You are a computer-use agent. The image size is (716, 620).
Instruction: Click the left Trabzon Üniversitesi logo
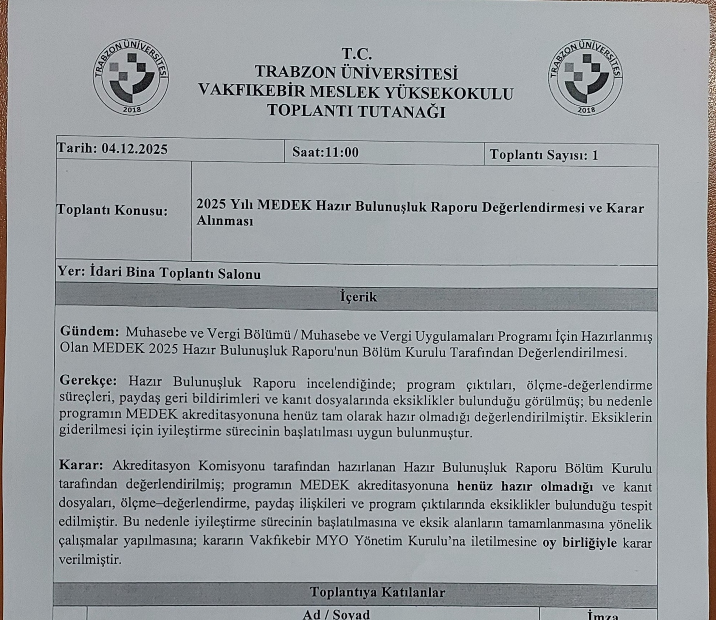click(131, 78)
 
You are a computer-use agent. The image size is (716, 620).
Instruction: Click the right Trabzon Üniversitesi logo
click(586, 78)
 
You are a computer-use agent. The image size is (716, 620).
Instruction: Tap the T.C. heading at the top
click(357, 53)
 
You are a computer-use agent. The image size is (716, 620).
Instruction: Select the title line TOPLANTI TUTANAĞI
click(356, 111)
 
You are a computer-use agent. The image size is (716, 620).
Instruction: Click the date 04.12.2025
click(135, 148)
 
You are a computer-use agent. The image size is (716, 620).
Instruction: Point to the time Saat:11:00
click(326, 152)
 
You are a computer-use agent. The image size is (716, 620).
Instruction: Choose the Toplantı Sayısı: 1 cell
click(544, 155)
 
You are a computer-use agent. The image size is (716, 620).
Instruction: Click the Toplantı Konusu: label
click(112, 210)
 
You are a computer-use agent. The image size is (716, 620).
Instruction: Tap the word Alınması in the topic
click(225, 221)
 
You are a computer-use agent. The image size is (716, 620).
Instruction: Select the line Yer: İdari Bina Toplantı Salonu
click(159, 273)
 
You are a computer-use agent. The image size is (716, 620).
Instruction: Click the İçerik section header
click(358, 297)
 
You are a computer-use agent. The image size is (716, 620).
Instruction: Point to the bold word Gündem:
click(90, 332)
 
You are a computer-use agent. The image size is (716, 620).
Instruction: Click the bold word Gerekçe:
click(88, 380)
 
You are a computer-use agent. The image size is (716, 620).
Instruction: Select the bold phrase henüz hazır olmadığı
click(525, 486)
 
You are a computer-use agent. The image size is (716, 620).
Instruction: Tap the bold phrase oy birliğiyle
click(580, 542)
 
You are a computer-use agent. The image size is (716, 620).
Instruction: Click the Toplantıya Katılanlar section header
click(377, 592)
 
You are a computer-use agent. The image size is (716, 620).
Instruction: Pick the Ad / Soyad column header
click(336, 614)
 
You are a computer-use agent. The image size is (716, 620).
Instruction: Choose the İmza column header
click(603, 616)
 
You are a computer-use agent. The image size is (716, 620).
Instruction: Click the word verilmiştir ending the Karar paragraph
click(90, 560)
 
